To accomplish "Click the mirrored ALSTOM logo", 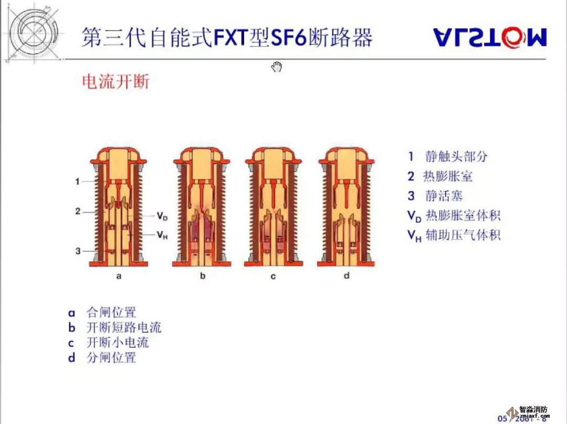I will click(x=490, y=38).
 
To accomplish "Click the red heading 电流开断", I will click(x=116, y=81).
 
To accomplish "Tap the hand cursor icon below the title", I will click(x=277, y=67).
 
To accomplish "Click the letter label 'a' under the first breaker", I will click(x=119, y=276).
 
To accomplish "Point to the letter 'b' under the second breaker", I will click(x=203, y=276).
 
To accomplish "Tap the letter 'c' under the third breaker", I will click(x=273, y=276).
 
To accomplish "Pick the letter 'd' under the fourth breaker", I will click(x=346, y=276).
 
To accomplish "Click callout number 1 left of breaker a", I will click(x=77, y=181).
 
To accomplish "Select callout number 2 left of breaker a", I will click(x=77, y=212).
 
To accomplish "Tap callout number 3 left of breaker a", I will click(x=77, y=251).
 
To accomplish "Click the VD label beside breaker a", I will click(x=162, y=216).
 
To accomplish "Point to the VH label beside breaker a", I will click(x=162, y=235).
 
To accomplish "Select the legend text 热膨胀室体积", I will click(x=463, y=215).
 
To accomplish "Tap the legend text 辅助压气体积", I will click(x=463, y=235).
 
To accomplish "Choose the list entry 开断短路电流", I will click(x=124, y=328).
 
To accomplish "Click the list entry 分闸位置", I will click(x=111, y=358).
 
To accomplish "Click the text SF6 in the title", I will click(x=288, y=38).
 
